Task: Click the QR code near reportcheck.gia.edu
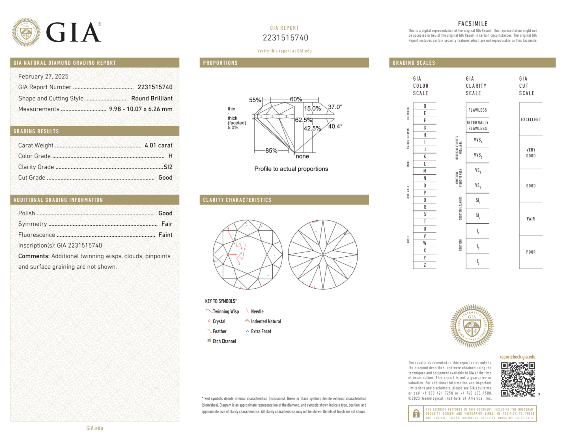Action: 518,379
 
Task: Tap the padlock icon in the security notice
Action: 416,414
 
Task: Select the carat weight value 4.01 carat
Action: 158,145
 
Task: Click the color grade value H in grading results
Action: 170,156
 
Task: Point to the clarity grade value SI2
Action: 168,167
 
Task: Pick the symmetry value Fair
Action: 167,224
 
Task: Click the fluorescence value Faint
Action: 165,235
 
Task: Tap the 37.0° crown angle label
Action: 335,107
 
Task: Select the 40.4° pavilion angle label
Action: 335,126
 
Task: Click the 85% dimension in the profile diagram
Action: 271,151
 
